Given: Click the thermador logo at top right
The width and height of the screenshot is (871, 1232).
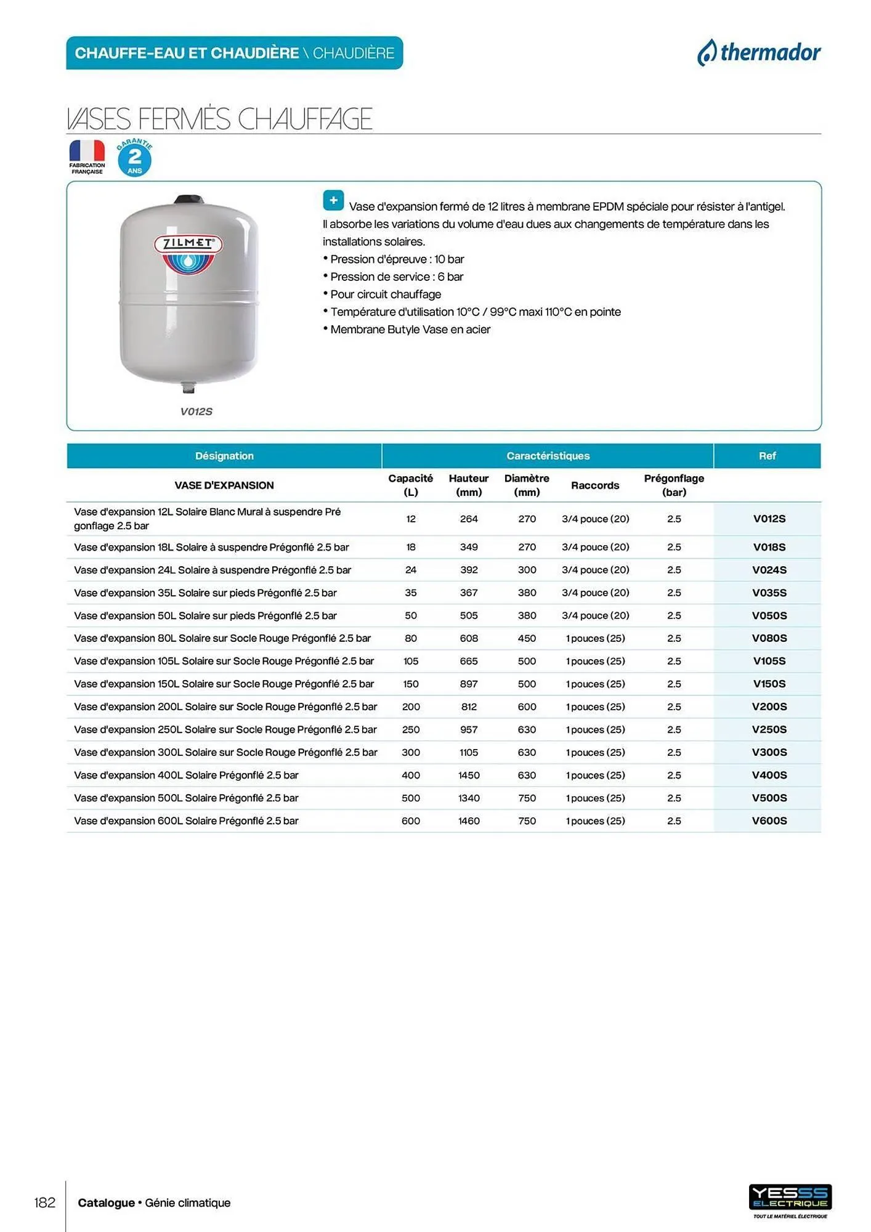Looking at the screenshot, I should pyautogui.click(x=759, y=53).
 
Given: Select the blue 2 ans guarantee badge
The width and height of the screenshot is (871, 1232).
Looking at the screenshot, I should pyautogui.click(x=135, y=159).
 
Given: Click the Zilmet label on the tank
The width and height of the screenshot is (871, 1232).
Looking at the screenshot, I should pyautogui.click(x=188, y=244).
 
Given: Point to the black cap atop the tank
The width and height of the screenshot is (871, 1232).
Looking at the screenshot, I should pyautogui.click(x=188, y=200).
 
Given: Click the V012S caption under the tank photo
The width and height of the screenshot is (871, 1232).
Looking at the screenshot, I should pyautogui.click(x=196, y=411).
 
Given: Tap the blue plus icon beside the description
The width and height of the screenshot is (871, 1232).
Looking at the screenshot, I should pyautogui.click(x=333, y=200).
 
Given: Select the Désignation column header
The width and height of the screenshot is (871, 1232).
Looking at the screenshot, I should pyautogui.click(x=224, y=456).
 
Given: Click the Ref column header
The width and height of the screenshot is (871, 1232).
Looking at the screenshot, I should pyautogui.click(x=767, y=456).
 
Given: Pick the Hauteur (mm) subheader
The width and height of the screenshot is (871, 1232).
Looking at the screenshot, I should pyautogui.click(x=469, y=485).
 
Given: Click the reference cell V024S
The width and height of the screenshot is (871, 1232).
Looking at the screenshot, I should pyautogui.click(x=769, y=570).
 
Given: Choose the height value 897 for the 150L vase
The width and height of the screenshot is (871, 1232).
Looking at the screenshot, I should pyautogui.click(x=469, y=684).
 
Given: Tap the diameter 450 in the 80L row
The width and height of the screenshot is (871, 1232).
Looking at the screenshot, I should pyautogui.click(x=527, y=638).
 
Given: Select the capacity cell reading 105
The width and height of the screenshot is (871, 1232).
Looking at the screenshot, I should pyautogui.click(x=411, y=661).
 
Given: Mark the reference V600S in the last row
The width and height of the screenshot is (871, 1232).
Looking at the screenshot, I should pyautogui.click(x=769, y=821).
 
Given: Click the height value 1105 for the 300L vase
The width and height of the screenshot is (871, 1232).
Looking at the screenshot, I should pyautogui.click(x=469, y=752).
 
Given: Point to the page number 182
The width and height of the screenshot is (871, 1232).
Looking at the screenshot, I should pyautogui.click(x=45, y=1202).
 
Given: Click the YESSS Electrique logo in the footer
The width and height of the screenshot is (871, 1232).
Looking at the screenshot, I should pyautogui.click(x=790, y=1198).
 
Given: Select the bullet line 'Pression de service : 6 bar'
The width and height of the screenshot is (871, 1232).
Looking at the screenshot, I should pyautogui.click(x=397, y=277).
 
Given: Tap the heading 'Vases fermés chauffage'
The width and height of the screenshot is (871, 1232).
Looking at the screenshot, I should pyautogui.click(x=219, y=119).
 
